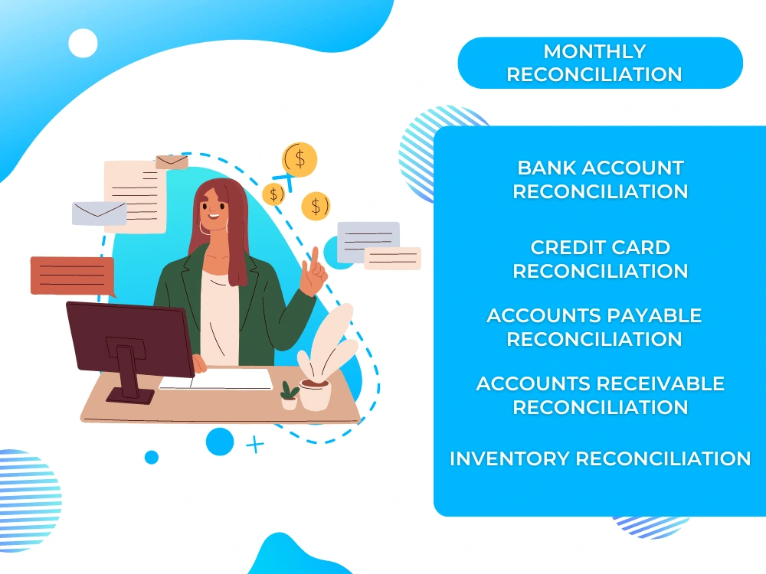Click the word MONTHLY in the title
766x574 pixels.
point(594,52)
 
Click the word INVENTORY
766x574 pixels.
point(509,458)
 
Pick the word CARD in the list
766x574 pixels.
point(637,248)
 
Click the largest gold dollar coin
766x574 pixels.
point(300,158)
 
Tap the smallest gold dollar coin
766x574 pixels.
point(273,194)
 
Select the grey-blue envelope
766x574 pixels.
point(99,213)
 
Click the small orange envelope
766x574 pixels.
point(172,161)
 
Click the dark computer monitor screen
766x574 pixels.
point(129,338)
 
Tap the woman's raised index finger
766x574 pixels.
point(314,257)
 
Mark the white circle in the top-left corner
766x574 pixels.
point(83,43)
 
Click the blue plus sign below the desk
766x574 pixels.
point(254,445)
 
